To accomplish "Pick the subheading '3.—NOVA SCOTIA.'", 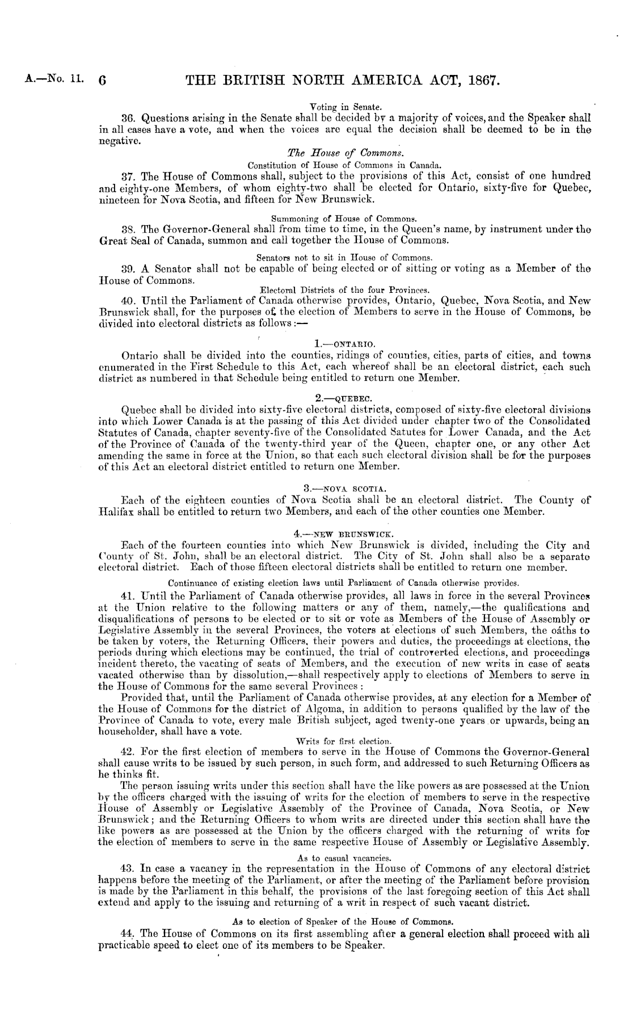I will click(337, 487).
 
